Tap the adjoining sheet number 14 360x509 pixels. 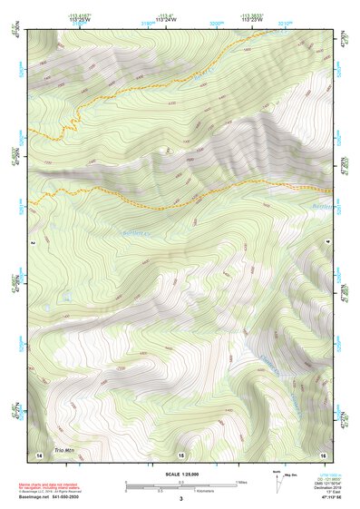[x=39, y=453]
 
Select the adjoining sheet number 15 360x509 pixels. [x=181, y=454]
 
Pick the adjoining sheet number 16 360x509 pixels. [x=322, y=453]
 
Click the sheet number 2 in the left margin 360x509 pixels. [x=32, y=243]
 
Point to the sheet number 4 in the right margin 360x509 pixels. [x=327, y=243]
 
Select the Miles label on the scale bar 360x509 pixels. [x=242, y=482]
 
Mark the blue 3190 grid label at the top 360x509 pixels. [x=147, y=24]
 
